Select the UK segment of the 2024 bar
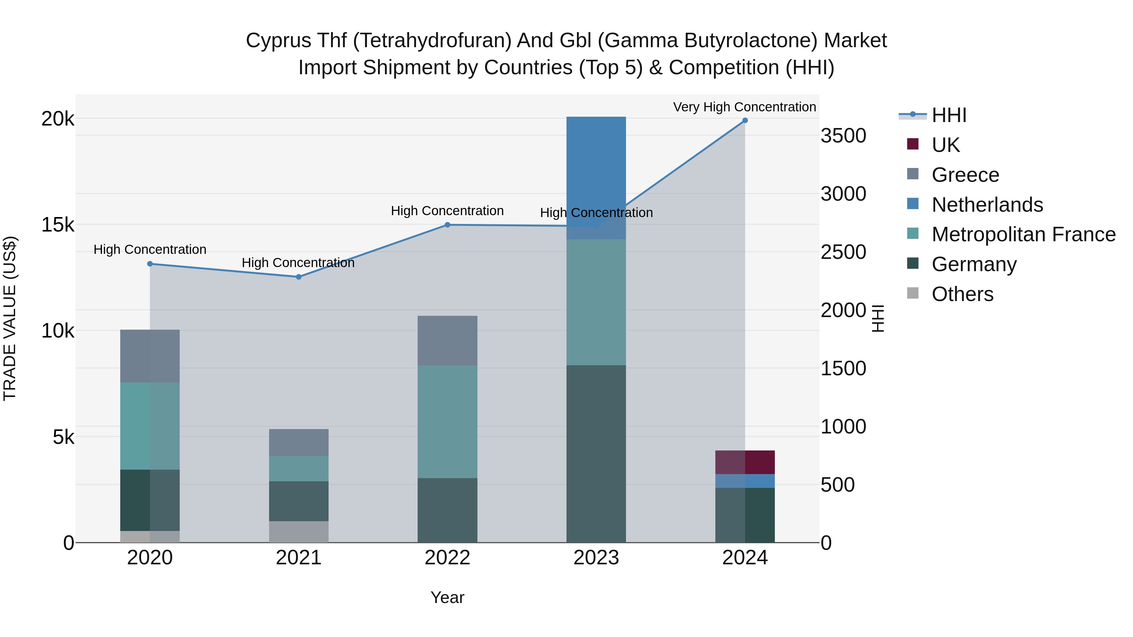point(745,462)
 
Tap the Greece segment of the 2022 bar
point(447,340)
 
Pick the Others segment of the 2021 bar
point(299,532)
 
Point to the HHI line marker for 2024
point(745,120)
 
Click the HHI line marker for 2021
point(299,277)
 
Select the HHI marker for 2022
point(447,225)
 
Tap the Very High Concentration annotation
point(744,107)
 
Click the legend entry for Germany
point(974,264)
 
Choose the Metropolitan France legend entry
point(1023,234)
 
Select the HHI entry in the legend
point(949,115)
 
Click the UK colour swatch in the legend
point(913,144)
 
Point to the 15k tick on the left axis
point(58,225)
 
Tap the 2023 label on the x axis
point(596,558)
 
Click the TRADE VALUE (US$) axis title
point(10,318)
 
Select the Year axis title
point(447,597)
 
